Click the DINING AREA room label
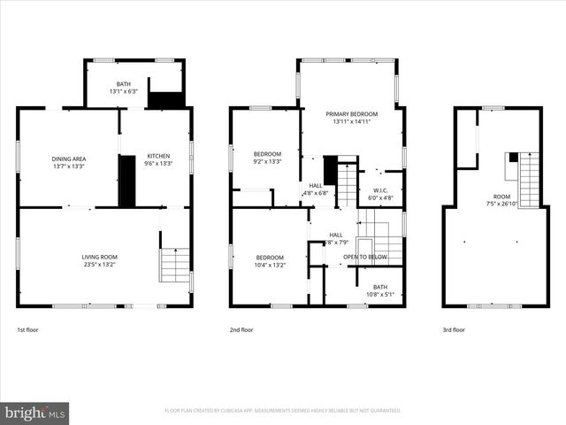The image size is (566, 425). coord(68,158)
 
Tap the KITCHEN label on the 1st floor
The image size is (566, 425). coord(158,156)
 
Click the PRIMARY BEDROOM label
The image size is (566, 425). coord(351,114)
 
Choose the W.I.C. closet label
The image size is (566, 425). coord(380,190)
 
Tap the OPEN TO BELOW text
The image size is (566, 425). coord(364,257)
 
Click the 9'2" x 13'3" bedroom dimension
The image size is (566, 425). coord(266,161)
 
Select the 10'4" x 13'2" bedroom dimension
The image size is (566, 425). coord(270,264)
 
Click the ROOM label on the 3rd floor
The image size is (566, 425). coord(501,197)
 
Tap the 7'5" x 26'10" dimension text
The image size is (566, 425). coord(501,204)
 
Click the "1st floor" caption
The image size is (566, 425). coord(28,329)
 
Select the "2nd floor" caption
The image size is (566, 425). coord(241,329)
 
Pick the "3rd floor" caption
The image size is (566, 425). coord(453,329)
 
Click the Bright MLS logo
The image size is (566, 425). coord(34,413)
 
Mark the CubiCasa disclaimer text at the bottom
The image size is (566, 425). coord(282,411)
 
